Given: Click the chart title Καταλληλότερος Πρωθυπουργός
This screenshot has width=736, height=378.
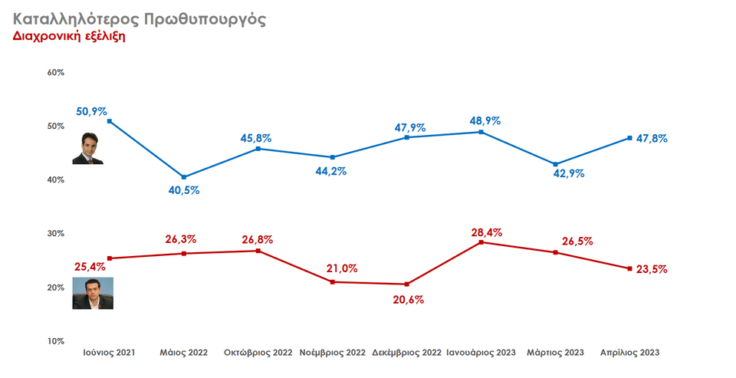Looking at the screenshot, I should click(140, 18).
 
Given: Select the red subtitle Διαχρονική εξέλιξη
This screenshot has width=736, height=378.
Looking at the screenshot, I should click(69, 36).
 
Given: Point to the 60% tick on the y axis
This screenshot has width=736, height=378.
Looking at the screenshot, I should click(55, 73).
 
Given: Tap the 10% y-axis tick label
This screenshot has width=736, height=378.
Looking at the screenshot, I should click(55, 341).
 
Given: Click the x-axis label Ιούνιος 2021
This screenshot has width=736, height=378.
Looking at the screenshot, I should click(109, 353).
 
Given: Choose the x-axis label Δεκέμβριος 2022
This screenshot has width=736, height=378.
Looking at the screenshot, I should click(406, 353).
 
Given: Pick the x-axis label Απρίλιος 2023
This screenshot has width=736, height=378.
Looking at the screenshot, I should click(629, 353).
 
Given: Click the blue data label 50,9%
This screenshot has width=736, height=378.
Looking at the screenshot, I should click(91, 111).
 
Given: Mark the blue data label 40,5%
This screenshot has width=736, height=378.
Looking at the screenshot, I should click(184, 190).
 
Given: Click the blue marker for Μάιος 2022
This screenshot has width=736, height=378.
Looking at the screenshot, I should click(184, 177).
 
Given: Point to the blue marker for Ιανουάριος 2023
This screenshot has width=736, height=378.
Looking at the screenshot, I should click(481, 132).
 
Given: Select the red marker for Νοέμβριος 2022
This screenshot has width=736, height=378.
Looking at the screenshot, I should click(332, 282).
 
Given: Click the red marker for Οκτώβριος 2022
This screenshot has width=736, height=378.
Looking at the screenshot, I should click(258, 251).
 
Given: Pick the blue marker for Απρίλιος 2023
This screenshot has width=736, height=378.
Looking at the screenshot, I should click(629, 138).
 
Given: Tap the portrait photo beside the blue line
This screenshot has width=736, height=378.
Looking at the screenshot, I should click(87, 149).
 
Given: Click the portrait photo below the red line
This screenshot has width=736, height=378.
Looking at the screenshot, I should click(93, 294).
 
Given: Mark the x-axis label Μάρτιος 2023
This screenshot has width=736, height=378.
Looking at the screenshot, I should click(555, 353).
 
